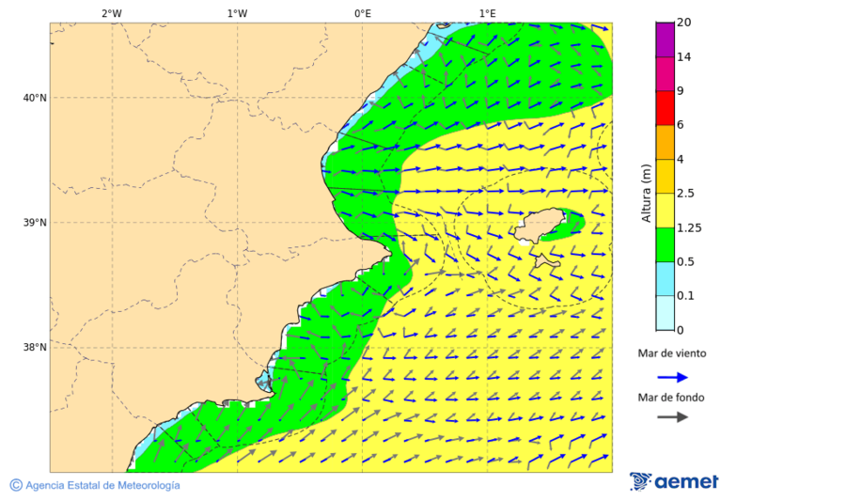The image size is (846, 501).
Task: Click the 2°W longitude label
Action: point(111,13)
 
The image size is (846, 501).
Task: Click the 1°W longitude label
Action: point(237,13)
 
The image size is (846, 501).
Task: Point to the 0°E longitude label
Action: point(362,13)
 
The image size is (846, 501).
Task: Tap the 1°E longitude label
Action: point(487,13)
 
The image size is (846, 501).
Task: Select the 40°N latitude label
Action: point(34,98)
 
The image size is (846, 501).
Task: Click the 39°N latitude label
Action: point(34,223)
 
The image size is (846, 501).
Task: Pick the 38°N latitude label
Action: point(34,348)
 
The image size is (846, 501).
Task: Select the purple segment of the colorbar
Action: point(665,39)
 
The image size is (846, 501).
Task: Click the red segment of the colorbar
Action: point(665,108)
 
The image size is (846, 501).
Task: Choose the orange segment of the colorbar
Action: point(665,142)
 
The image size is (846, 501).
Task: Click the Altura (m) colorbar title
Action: point(646,194)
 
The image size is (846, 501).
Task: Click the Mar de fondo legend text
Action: point(670,397)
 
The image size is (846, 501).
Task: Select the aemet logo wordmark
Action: point(685,482)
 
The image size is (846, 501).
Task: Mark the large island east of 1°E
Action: point(541,227)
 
